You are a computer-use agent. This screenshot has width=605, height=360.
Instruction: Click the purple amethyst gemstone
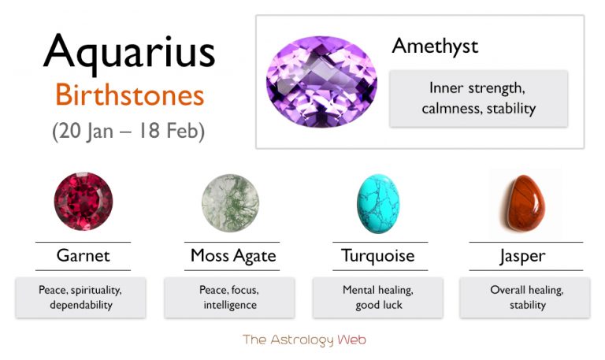point(321,82)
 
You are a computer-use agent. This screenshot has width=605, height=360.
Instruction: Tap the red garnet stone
point(84,201)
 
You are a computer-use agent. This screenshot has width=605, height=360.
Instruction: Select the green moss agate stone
point(230,203)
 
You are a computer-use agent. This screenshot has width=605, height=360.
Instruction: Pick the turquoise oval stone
point(378,203)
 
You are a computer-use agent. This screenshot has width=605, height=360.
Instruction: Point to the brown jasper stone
point(523,203)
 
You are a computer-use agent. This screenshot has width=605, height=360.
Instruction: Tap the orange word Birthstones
point(130,95)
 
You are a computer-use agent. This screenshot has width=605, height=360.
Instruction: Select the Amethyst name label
point(435,47)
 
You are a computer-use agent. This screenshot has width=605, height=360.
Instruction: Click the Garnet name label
point(83,256)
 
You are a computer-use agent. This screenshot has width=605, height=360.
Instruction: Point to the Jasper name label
point(522,257)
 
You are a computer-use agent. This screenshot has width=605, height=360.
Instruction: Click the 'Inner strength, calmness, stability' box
point(478,98)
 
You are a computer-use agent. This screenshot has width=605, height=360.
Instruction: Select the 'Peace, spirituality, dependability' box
point(80,298)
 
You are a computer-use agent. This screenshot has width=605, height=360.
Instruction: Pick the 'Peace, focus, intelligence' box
point(229,298)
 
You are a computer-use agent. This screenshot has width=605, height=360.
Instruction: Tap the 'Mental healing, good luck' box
point(378,298)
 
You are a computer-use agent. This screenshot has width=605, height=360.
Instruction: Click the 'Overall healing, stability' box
point(525,298)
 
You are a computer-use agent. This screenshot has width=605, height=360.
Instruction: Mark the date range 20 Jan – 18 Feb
point(128,132)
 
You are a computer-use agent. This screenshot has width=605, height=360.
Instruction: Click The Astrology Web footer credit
point(304,340)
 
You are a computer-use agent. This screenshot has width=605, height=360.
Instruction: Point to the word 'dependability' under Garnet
point(81,305)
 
